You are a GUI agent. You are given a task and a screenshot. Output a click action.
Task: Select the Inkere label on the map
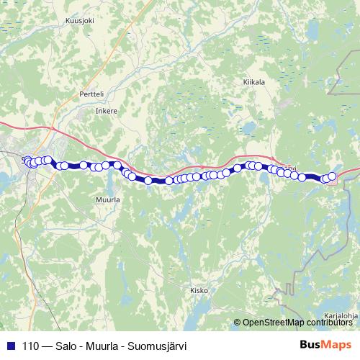106,112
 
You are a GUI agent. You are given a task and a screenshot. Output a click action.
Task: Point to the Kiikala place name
254,83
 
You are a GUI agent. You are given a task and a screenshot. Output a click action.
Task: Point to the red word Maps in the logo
335,345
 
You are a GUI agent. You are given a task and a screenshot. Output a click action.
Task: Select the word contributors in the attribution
332,322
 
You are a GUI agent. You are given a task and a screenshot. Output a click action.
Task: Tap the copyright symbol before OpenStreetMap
237,322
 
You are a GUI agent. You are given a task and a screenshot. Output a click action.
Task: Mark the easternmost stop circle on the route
332,176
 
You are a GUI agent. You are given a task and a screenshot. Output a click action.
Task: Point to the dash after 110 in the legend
46,346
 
